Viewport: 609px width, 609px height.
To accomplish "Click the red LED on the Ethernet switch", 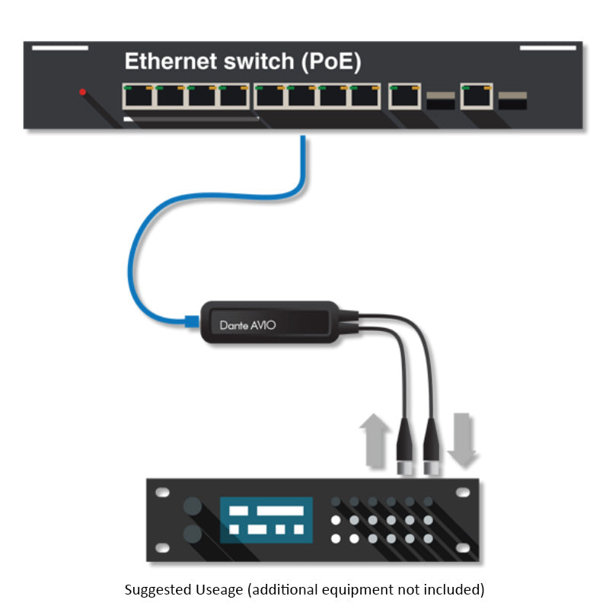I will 82,92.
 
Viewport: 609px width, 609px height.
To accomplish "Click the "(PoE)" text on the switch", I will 331,62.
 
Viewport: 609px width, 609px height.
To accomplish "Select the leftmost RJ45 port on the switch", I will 138,97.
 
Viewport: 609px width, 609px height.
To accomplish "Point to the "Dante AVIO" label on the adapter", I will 247,325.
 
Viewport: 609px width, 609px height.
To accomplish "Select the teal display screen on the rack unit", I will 266,520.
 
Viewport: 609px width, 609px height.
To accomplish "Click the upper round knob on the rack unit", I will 192,506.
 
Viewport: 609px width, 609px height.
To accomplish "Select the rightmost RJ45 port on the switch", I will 477,97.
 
